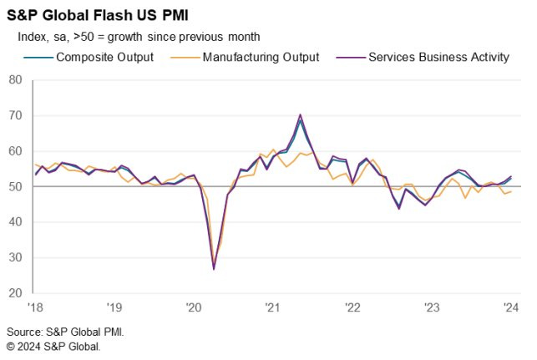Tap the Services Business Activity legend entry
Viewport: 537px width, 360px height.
(438, 58)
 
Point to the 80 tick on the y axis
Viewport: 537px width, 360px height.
(14, 80)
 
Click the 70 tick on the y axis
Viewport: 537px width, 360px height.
(14, 115)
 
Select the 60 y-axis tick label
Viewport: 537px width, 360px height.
(14, 151)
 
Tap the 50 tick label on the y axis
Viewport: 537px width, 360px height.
(14, 187)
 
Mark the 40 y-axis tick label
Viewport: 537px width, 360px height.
(14, 222)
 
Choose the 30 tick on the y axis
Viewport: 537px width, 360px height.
(14, 258)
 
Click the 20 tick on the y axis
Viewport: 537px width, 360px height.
(14, 293)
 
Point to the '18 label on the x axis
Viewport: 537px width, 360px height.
(35, 307)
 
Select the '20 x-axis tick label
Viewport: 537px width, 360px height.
(193, 307)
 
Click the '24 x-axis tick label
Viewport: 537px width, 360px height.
(511, 307)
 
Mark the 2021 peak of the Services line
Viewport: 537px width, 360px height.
(301, 114)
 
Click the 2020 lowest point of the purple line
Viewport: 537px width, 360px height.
(214, 269)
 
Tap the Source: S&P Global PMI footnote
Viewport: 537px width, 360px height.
(65, 332)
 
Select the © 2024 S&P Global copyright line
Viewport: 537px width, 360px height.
(53, 346)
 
